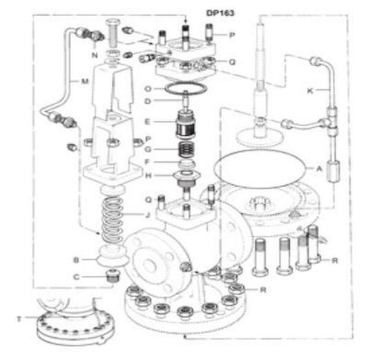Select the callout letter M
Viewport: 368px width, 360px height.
coord(84,82)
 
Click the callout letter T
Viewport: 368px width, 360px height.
coord(19,319)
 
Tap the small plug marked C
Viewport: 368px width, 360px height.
coord(108,278)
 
